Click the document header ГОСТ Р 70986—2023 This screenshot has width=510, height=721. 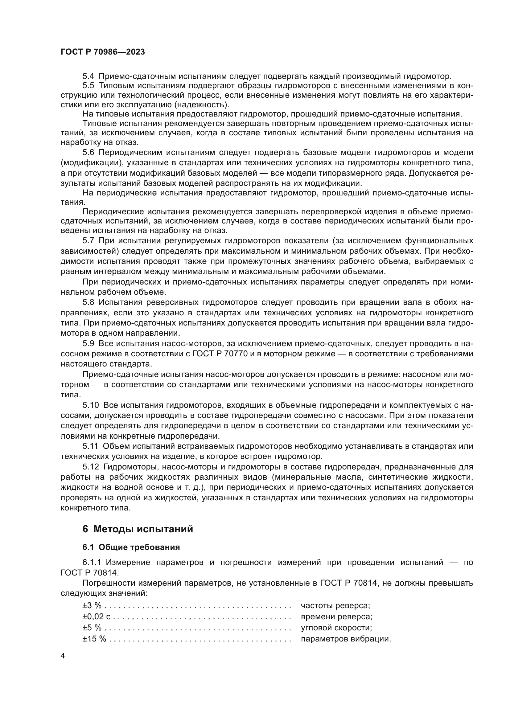tap(103, 52)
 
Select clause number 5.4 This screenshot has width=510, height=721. tap(88, 76)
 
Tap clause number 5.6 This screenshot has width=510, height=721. tap(88, 153)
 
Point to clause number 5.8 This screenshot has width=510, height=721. tap(88, 302)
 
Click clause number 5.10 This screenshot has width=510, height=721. tap(90, 405)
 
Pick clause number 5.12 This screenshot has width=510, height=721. tap(90, 467)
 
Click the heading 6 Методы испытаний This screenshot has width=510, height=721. tap(138, 529)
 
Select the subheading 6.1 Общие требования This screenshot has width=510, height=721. tap(131, 547)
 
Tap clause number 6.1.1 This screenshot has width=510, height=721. tap(92, 563)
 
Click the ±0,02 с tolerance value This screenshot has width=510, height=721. tap(97, 617)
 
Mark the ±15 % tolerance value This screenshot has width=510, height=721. tap(94, 639)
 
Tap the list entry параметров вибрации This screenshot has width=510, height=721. tap(346, 639)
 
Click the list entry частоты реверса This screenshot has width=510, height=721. tap(335, 605)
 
